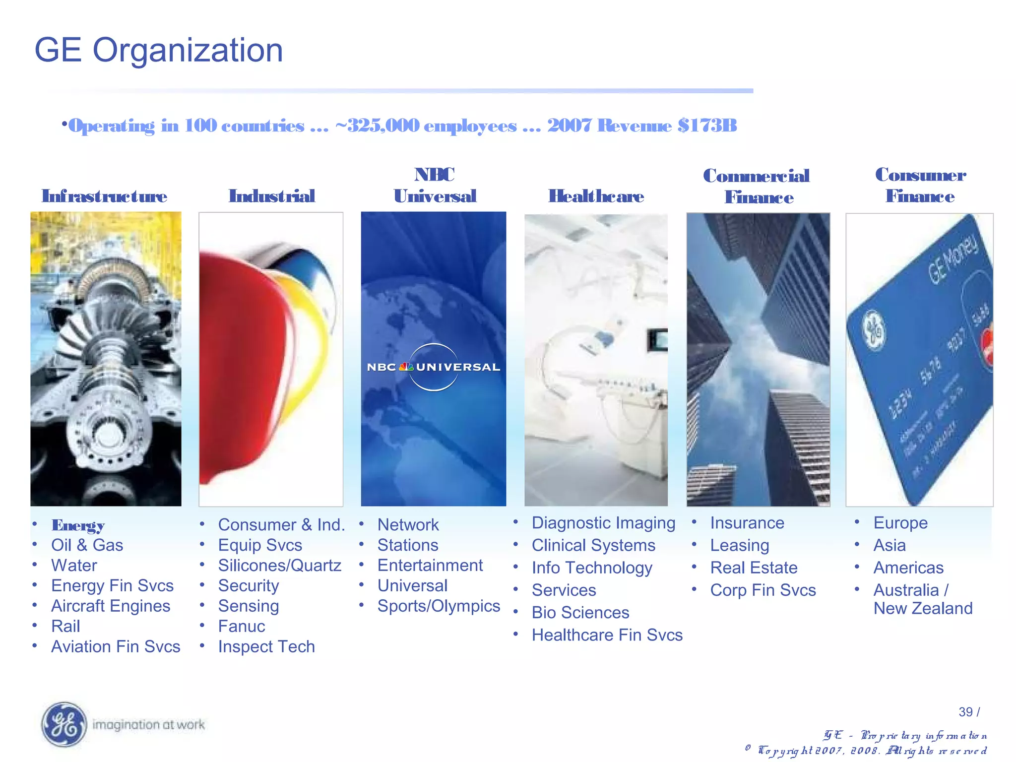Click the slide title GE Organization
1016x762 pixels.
coord(158,50)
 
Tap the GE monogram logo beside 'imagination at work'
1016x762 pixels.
coord(63,725)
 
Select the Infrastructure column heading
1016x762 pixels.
coord(104,196)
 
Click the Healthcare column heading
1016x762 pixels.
coord(596,196)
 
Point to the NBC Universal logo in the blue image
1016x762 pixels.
coord(433,367)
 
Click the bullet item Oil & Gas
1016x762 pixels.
coord(87,545)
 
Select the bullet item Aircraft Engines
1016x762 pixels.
coord(110,606)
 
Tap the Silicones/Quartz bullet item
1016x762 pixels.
coord(279,566)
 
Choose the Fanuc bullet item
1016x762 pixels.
coord(242,627)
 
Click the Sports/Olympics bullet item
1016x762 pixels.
coord(439,606)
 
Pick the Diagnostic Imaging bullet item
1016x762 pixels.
coord(603,523)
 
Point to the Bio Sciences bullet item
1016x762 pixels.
coord(580,613)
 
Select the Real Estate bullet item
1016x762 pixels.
coord(754,568)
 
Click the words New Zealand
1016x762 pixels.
coord(923,609)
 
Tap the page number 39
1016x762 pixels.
coord(965,712)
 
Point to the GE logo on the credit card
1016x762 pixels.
coord(874,330)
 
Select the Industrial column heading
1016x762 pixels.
coord(272,196)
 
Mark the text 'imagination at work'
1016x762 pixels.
coord(148,725)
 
